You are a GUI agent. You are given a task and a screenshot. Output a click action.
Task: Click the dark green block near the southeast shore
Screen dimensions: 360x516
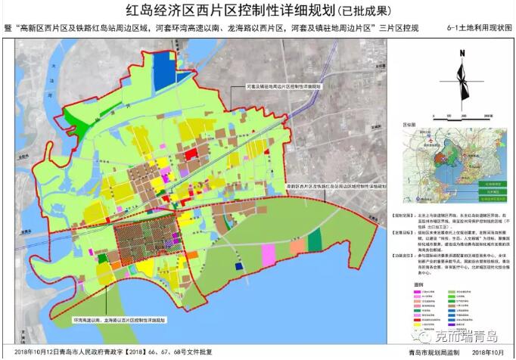[315, 241]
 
